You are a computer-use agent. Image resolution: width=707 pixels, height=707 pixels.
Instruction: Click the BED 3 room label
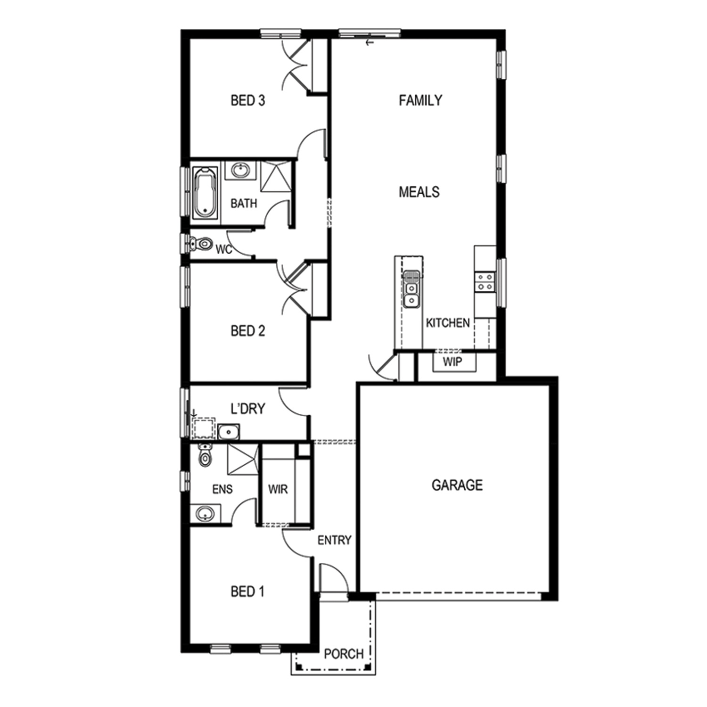click(x=247, y=100)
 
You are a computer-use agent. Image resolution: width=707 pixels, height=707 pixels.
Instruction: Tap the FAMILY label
click(x=420, y=100)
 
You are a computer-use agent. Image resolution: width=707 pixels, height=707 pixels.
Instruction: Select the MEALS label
click(x=419, y=192)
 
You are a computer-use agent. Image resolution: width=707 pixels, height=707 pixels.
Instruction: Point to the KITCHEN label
click(x=448, y=323)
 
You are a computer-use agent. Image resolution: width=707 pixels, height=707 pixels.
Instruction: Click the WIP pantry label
click(x=452, y=362)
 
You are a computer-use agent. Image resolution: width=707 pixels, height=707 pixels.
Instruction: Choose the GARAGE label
click(x=457, y=485)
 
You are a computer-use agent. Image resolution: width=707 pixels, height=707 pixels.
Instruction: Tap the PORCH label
click(x=344, y=654)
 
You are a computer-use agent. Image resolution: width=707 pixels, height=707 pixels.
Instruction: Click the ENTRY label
click(x=334, y=540)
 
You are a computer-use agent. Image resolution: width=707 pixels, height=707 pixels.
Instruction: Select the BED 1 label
click(x=247, y=592)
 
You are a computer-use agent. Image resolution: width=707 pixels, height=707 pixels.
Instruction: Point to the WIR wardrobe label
click(x=278, y=489)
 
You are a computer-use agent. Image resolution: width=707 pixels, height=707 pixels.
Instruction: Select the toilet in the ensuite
click(x=205, y=454)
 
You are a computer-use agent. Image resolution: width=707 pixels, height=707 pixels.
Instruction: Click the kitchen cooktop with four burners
click(x=485, y=282)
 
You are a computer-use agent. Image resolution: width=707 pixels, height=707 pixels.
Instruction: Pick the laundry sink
click(x=229, y=431)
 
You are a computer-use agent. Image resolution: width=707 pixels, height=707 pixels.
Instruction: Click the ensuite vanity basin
click(x=206, y=513)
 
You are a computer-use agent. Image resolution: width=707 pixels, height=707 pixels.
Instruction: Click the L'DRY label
click(x=248, y=409)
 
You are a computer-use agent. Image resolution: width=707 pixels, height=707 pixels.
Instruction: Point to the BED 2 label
click(x=247, y=331)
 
